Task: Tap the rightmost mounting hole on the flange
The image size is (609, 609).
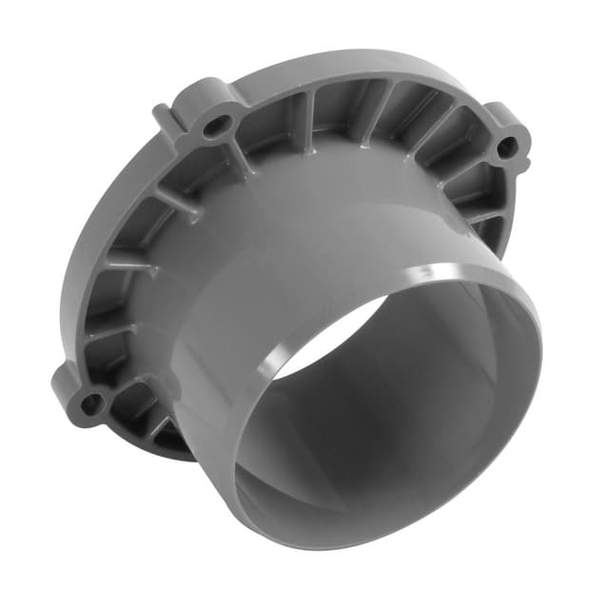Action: pos(507,147)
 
